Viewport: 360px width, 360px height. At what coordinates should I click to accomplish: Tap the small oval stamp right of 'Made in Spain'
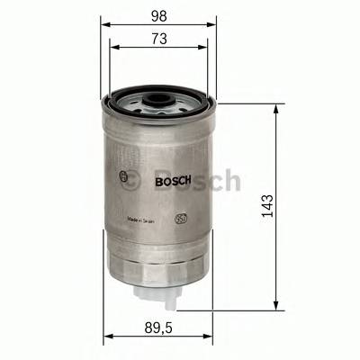click(x=180, y=216)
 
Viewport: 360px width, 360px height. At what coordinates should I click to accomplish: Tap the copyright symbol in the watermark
click(x=130, y=181)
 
